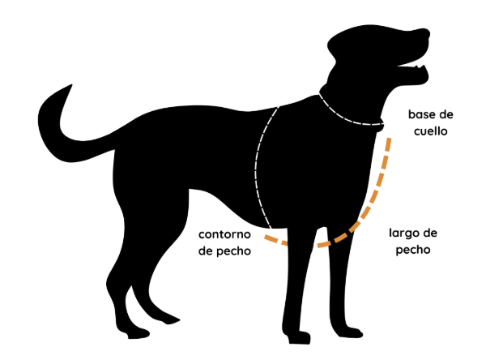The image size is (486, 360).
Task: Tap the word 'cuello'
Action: [x=427, y=130]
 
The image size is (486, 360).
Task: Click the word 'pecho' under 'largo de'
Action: [x=412, y=250]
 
